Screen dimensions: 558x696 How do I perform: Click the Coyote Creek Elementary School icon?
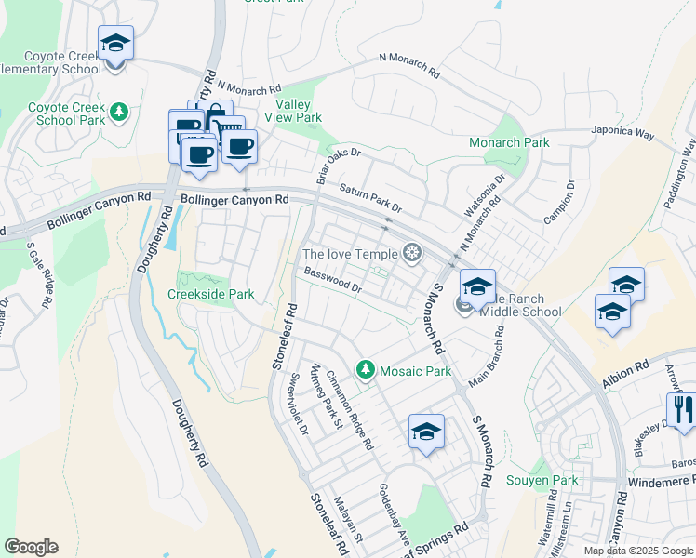click(x=115, y=44)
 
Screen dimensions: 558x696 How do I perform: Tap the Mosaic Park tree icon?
click(x=367, y=370)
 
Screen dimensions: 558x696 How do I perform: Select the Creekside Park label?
click(x=210, y=294)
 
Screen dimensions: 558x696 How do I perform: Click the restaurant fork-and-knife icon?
click(x=681, y=409)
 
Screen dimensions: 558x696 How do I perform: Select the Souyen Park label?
click(x=542, y=480)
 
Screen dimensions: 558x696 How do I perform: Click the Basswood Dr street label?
click(x=332, y=280)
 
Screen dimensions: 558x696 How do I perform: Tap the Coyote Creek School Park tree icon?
click(x=118, y=113)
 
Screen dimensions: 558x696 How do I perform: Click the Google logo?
click(x=31, y=547)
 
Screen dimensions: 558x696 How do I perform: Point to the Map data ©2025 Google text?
click(x=637, y=551)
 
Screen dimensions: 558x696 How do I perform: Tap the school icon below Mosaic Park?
click(x=426, y=431)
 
